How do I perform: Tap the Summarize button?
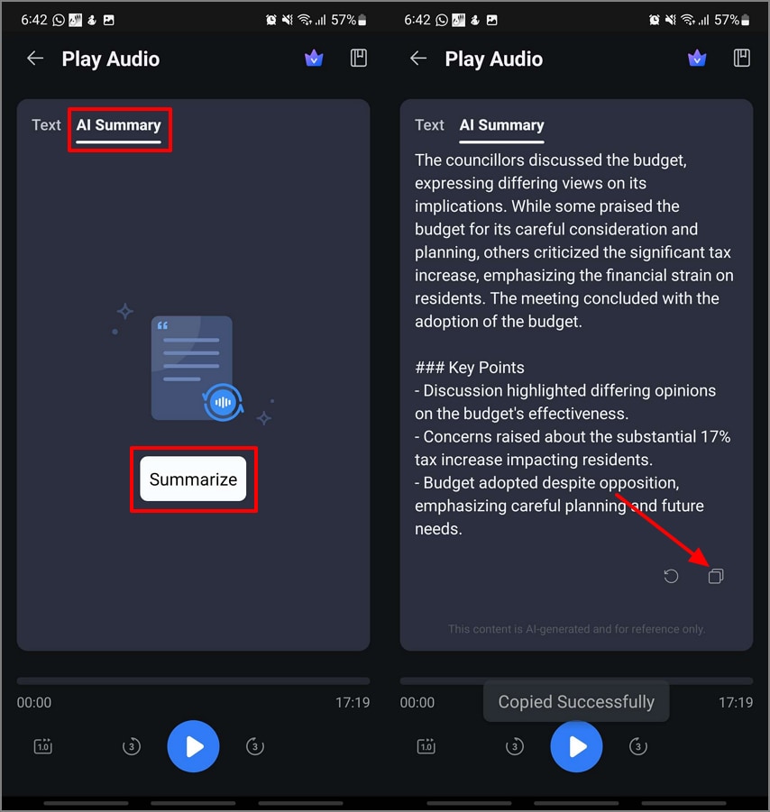click(x=193, y=479)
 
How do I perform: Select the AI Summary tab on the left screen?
click(x=119, y=126)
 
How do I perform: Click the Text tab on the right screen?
click(x=429, y=125)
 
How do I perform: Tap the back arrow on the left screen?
click(x=35, y=59)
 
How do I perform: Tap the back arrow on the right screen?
click(x=418, y=59)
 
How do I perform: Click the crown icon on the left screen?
click(x=313, y=59)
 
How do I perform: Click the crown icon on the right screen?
click(x=696, y=59)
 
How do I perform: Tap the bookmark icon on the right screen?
click(x=742, y=59)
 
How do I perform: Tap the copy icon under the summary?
click(x=716, y=576)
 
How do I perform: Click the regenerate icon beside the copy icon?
click(x=671, y=576)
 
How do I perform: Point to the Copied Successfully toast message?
click(x=576, y=702)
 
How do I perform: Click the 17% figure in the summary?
click(x=713, y=436)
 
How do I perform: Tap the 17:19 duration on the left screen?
click(x=352, y=703)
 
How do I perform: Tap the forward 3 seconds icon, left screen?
click(x=255, y=746)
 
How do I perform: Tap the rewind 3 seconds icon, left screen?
click(x=132, y=746)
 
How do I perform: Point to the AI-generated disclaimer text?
click(x=576, y=629)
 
